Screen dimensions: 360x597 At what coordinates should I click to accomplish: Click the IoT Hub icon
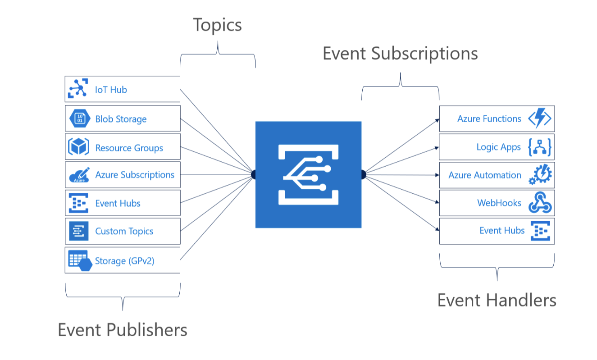point(77,89)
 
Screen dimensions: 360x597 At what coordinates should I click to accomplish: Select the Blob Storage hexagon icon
point(79,118)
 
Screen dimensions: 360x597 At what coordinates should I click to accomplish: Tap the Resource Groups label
point(129,148)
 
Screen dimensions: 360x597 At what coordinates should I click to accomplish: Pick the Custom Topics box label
point(124,231)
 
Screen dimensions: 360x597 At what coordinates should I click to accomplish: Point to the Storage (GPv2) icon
point(80,260)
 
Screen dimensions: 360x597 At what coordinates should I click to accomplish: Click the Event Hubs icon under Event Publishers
point(78,203)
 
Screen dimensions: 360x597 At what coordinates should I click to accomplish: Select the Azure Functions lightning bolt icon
point(539,119)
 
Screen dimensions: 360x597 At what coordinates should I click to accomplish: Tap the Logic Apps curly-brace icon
point(540,147)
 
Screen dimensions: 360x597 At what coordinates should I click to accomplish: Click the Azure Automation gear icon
point(540,175)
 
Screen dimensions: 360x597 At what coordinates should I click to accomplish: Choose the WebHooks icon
point(540,203)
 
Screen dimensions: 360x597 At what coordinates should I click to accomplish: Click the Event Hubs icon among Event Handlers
point(540,231)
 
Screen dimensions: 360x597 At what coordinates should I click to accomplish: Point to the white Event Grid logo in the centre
point(308,175)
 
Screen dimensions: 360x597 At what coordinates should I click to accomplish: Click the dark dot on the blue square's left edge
point(254,175)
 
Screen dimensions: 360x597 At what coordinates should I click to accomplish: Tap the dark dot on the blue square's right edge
point(363,175)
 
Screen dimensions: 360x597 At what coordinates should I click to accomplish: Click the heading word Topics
point(218,25)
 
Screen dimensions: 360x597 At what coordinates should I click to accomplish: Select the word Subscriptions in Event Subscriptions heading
point(425,54)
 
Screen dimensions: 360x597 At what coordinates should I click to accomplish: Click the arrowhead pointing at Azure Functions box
point(437,120)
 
